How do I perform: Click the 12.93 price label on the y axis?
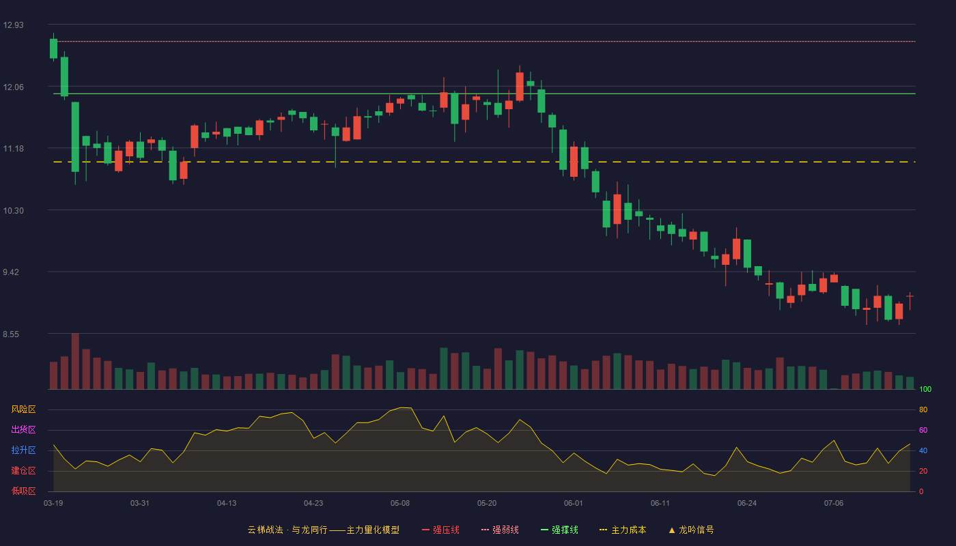point(13,25)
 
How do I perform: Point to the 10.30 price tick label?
point(13,211)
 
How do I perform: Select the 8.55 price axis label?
point(11,334)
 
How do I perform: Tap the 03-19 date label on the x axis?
point(53,504)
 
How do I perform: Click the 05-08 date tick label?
point(400,504)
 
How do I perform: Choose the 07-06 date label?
point(834,504)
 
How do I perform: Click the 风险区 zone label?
point(23,409)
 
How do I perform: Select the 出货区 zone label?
point(23,429)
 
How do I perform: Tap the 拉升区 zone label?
point(23,450)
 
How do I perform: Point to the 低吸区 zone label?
point(23,491)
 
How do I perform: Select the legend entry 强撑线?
point(559,530)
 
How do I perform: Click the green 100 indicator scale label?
point(925,389)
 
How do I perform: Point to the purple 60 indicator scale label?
point(923,430)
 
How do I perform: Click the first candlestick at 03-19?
point(53,48)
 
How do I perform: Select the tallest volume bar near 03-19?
point(75,361)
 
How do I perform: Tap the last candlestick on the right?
point(910,301)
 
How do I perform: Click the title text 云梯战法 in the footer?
point(265,530)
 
